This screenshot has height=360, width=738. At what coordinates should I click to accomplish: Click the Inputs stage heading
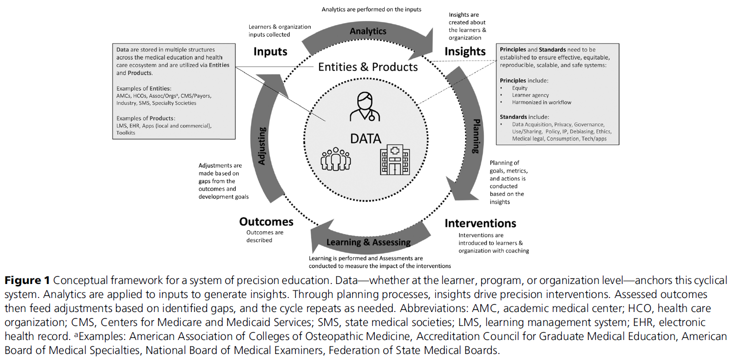[270, 51]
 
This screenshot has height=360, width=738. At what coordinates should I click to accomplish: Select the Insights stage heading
[465, 51]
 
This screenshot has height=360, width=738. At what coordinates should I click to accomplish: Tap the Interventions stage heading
[480, 223]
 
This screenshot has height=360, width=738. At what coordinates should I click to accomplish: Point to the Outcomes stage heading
[266, 221]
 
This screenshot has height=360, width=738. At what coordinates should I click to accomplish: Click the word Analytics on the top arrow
[368, 31]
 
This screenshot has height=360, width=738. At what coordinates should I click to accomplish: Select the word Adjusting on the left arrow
[262, 145]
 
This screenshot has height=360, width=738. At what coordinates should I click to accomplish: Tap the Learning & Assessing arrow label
[368, 242]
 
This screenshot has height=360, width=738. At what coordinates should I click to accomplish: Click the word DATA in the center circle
[365, 138]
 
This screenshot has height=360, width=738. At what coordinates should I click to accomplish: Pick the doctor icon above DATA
[365, 106]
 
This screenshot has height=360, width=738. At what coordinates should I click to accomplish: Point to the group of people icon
[336, 159]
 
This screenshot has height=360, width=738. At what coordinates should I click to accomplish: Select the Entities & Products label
[368, 66]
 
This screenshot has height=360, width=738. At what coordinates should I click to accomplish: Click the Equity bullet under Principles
[519, 88]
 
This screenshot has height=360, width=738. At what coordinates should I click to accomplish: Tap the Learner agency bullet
[530, 95]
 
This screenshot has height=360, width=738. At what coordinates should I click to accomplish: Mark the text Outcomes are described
[265, 236]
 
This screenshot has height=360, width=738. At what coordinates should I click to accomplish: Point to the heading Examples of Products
[145, 118]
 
